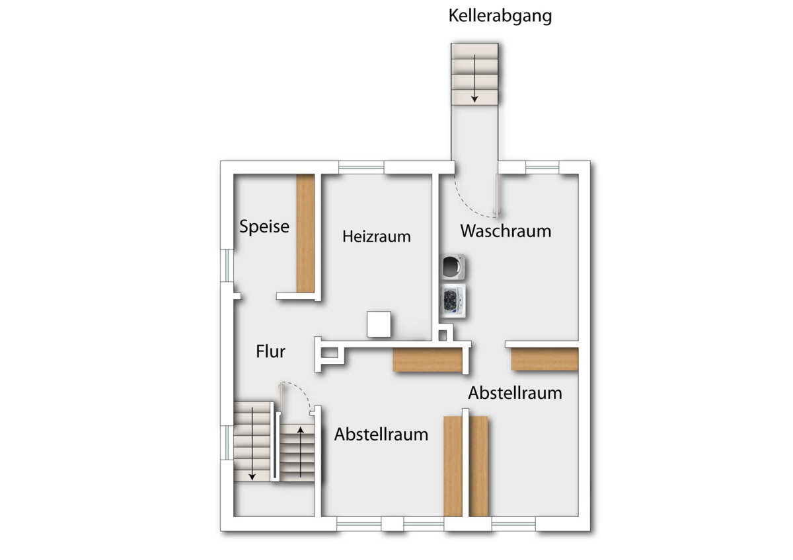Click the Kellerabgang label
(x=500, y=17)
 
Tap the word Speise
(x=264, y=227)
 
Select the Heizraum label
(x=376, y=236)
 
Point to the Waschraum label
(x=506, y=231)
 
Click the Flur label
(x=270, y=351)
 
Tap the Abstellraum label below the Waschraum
(x=515, y=393)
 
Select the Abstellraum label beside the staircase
(x=381, y=434)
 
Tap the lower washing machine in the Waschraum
(x=452, y=300)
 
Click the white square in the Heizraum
(x=379, y=324)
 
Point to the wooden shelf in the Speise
(x=305, y=233)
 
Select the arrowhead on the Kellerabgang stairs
(x=474, y=99)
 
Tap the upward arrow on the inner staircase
(x=300, y=452)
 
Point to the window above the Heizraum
(x=361, y=167)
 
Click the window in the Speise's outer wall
(x=227, y=265)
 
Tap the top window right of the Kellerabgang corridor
(x=542, y=167)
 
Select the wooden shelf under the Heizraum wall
(x=428, y=359)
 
